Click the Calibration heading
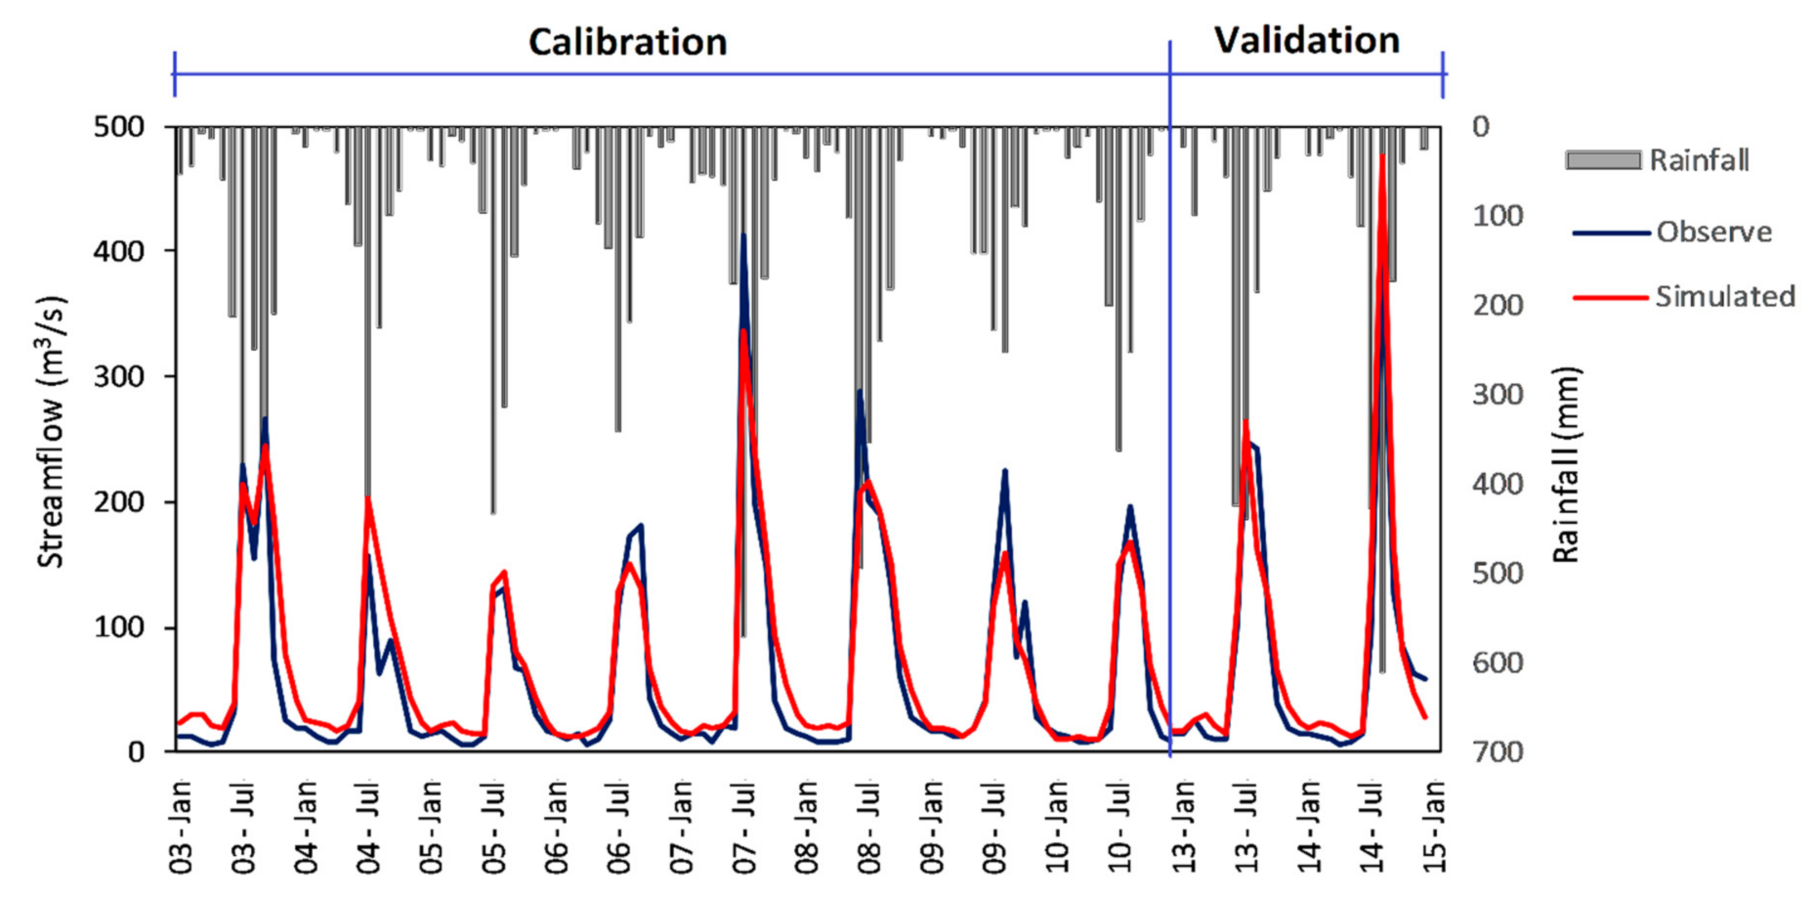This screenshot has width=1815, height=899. [627, 42]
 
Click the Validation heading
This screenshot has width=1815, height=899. [1306, 40]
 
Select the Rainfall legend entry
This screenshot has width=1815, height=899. [1698, 160]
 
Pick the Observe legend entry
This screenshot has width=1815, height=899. [1713, 232]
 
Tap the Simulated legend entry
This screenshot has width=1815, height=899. [1724, 296]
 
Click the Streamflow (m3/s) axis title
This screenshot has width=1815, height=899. [51, 431]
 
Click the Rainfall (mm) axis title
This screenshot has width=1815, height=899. [1565, 465]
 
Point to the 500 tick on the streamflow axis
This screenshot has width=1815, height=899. [118, 127]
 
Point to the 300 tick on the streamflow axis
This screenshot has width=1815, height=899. [118, 377]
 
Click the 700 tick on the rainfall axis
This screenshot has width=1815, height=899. [1498, 751]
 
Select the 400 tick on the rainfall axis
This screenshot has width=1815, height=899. [1498, 484]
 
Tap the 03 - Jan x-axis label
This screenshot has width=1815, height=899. [182, 827]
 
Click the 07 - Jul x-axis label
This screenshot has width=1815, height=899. [745, 827]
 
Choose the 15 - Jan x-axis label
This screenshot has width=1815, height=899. [1434, 827]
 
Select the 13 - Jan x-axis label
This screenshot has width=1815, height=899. [1184, 827]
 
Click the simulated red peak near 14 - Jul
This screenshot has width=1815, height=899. [1382, 156]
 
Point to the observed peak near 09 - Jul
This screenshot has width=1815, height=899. [1004, 471]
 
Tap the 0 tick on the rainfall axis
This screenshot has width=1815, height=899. [1481, 127]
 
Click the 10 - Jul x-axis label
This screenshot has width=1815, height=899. [1121, 827]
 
